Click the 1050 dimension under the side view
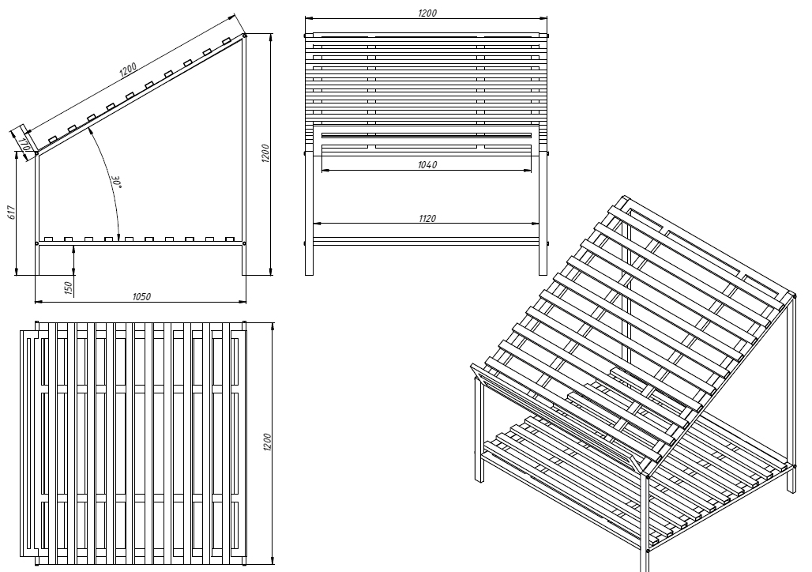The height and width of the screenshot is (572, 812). point(141,296)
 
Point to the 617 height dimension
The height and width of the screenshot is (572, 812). point(12,213)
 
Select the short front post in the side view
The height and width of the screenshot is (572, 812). point(36,213)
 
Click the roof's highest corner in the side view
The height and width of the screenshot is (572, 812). point(244,34)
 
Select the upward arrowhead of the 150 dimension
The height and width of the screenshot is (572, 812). point(73,248)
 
